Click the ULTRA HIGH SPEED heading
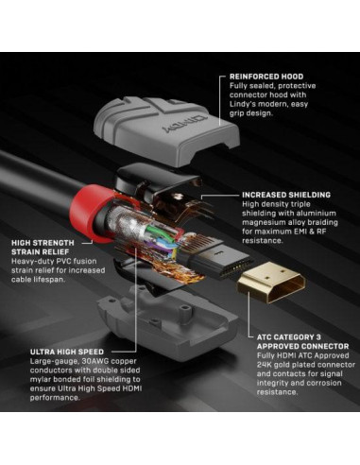59,349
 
